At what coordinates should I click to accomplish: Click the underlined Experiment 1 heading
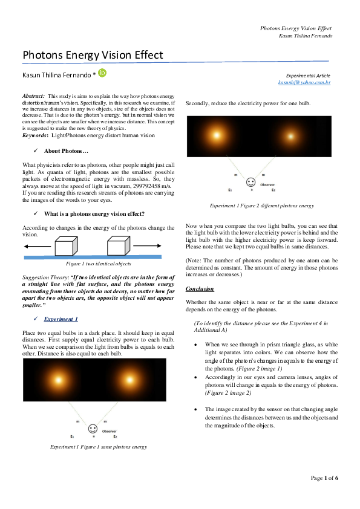click(61, 319)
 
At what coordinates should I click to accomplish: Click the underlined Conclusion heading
click(200, 288)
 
